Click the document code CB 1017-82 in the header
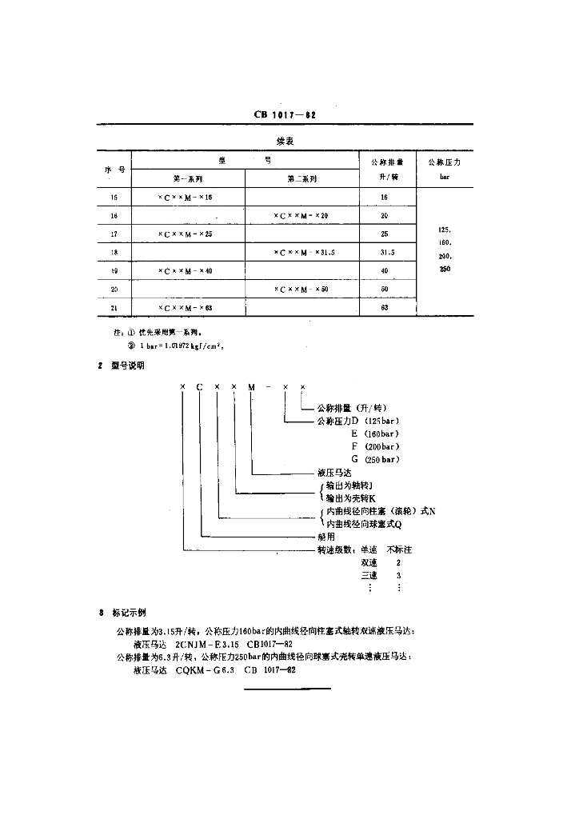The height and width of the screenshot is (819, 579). coord(286,115)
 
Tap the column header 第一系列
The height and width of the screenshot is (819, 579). coord(188,179)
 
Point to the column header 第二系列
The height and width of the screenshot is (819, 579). coord(301,179)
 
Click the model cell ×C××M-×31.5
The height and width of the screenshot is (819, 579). coord(304,253)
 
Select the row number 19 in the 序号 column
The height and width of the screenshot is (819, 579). coord(114,271)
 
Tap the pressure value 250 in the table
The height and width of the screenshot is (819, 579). coord(445,270)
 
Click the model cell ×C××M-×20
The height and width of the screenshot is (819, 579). coord(301,215)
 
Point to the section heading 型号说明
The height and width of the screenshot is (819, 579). coord(127,366)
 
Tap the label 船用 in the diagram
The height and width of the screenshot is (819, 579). coord(325,537)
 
